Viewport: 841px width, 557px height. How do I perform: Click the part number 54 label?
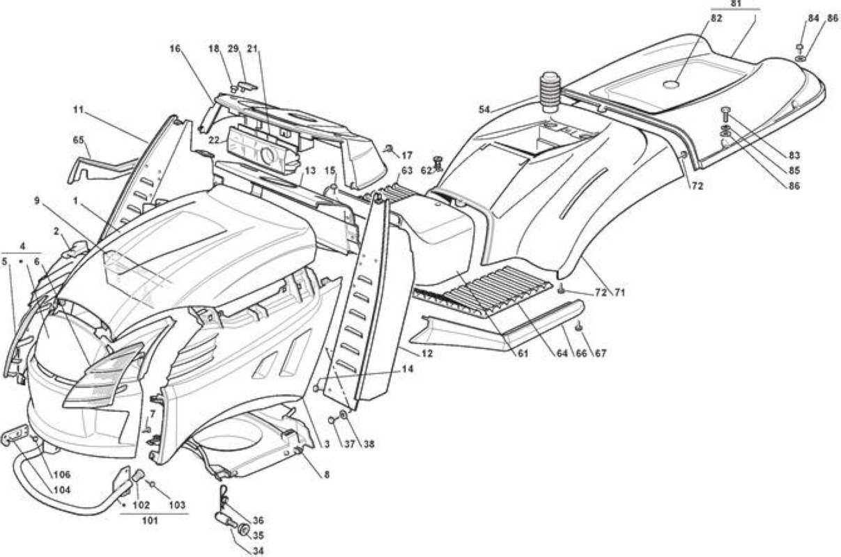[x=484, y=109]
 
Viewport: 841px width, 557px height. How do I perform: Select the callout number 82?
[x=716, y=17]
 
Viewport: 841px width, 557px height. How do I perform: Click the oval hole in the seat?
[x=671, y=85]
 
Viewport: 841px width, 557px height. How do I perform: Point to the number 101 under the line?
[x=151, y=521]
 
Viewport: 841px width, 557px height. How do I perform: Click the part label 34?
[x=258, y=551]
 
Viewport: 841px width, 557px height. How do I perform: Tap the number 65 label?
[x=78, y=140]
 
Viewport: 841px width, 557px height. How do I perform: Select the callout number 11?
[x=78, y=110]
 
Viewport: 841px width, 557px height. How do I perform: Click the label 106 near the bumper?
[x=62, y=474]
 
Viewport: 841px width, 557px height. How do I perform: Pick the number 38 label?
[x=369, y=444]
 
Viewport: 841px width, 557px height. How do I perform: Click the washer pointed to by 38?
[x=343, y=415]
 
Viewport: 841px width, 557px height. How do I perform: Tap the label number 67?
[x=601, y=353]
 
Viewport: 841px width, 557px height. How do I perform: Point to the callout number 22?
[x=214, y=140]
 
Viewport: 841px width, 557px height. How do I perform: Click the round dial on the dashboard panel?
[x=268, y=155]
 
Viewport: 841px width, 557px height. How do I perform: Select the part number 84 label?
[x=813, y=18]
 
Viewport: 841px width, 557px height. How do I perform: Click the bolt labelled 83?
[x=725, y=116]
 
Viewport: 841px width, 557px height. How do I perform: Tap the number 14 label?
[x=407, y=369]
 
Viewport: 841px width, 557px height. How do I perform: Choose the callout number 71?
[x=619, y=292]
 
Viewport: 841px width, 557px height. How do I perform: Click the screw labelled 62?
[x=437, y=164]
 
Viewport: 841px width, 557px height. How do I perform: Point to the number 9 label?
[x=37, y=201]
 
